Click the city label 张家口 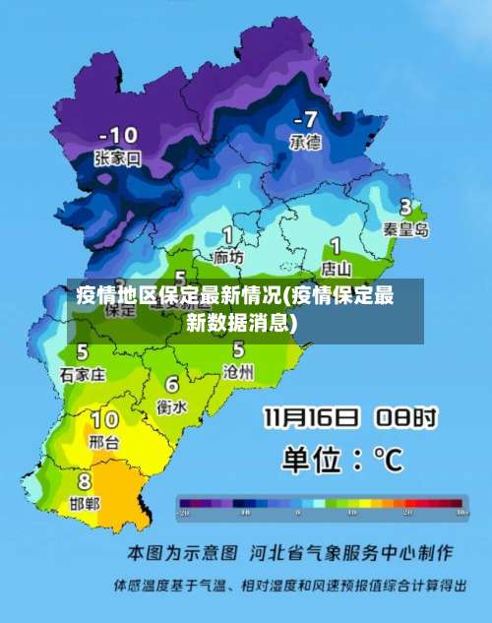tap(118, 157)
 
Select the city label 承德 tap(304, 143)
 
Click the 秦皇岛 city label tap(406, 229)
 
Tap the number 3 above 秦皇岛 tap(405, 208)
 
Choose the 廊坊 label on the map tap(228, 257)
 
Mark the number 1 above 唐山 tap(336, 245)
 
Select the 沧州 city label tap(238, 371)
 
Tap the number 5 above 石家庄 tap(83, 352)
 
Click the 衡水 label tap(173, 405)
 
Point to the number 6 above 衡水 tap(172, 384)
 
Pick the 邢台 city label tap(103, 443)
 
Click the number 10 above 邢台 tap(104, 421)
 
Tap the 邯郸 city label tap(85, 503)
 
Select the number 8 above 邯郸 tap(85, 481)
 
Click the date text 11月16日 tap(311, 419)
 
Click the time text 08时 tap(404, 419)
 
